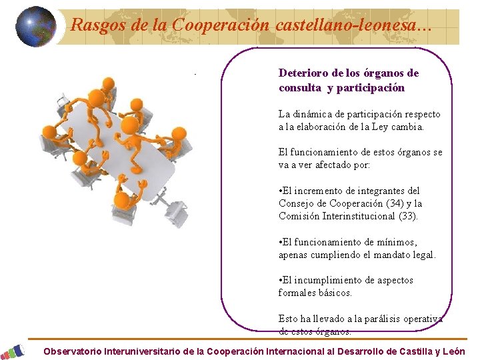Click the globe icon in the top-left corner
[35, 27]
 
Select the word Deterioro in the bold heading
[301, 73]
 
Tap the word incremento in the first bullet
[321, 191]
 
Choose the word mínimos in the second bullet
[399, 242]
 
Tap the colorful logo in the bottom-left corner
[13, 351]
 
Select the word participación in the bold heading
[370, 87]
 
